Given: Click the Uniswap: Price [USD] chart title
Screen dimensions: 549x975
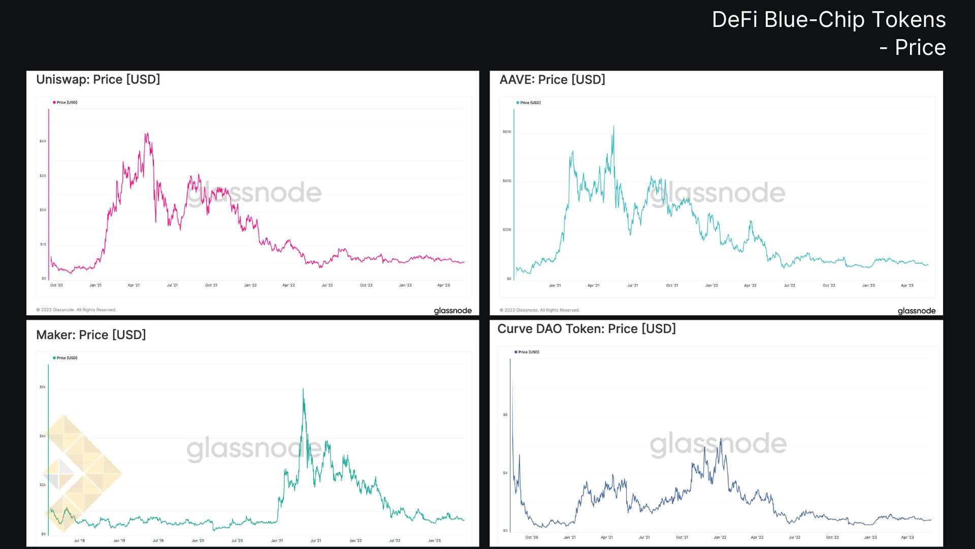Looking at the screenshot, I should (x=98, y=80).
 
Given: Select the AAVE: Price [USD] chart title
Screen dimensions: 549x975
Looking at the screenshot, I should (x=552, y=80).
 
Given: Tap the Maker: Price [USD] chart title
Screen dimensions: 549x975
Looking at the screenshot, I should (x=91, y=335).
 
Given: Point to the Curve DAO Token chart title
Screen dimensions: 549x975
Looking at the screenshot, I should (x=587, y=329).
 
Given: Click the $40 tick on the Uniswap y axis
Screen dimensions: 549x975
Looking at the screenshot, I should (x=43, y=141).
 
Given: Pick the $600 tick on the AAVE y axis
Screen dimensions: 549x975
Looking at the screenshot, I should (x=507, y=132).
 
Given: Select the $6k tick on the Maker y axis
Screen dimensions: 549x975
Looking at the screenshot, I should (x=43, y=387).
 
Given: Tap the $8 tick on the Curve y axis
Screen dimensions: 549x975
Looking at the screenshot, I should (x=505, y=415).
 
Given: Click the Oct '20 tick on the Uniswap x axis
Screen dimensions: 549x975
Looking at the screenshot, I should (x=56, y=285).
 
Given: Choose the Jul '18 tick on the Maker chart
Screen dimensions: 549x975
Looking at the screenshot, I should (x=79, y=541).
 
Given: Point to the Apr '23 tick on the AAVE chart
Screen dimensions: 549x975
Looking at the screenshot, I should (x=907, y=286).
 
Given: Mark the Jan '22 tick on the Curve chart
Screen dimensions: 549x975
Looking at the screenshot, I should (x=720, y=537).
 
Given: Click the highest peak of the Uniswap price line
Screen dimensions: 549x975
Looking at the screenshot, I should (x=147, y=134).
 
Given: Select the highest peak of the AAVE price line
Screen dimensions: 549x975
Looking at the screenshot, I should (x=613, y=126).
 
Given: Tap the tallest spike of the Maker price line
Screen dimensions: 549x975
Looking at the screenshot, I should (x=303, y=389).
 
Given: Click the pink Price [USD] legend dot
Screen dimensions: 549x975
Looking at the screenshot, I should (x=54, y=103).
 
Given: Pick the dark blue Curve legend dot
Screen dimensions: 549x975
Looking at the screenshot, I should (x=516, y=352).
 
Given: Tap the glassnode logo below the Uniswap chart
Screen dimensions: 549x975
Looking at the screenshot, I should (x=452, y=311).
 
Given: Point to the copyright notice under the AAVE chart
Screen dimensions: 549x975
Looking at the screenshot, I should (x=539, y=310).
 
